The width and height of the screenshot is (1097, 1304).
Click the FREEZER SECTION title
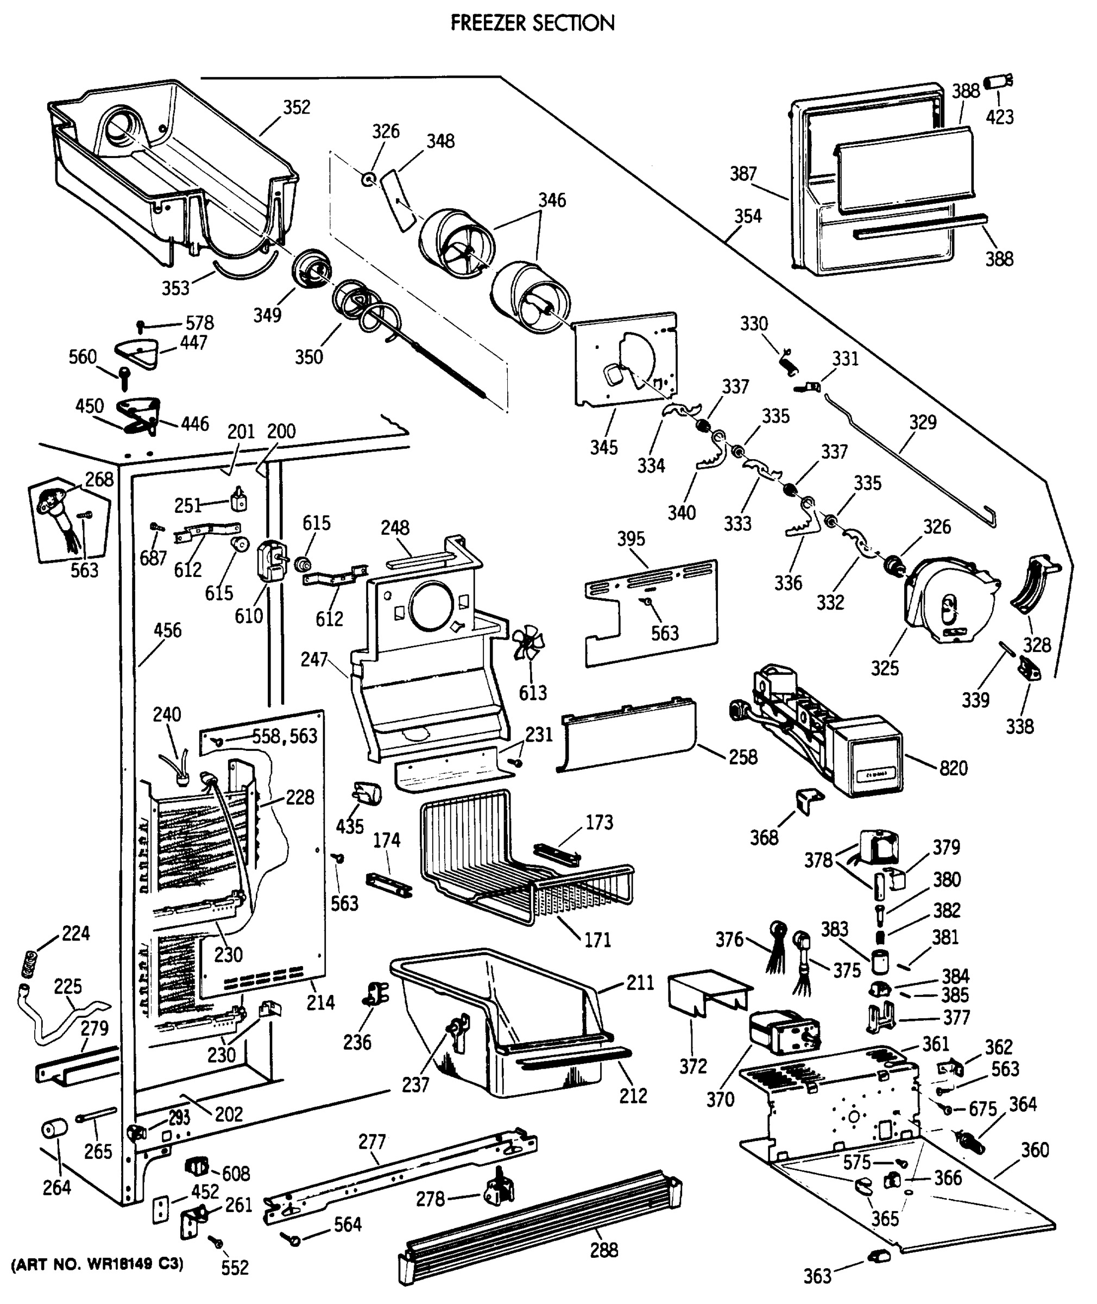point(532,23)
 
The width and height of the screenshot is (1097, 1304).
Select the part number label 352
point(297,108)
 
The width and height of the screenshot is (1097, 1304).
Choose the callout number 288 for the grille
point(603,1250)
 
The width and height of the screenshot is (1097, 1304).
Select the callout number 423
point(999,116)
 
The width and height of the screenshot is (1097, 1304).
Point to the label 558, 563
point(284,736)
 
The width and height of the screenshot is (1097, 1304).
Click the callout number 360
point(1034,1150)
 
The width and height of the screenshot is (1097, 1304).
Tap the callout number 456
point(167,630)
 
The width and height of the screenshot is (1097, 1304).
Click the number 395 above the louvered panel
point(631,539)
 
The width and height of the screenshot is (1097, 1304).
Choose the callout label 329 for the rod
point(922,422)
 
